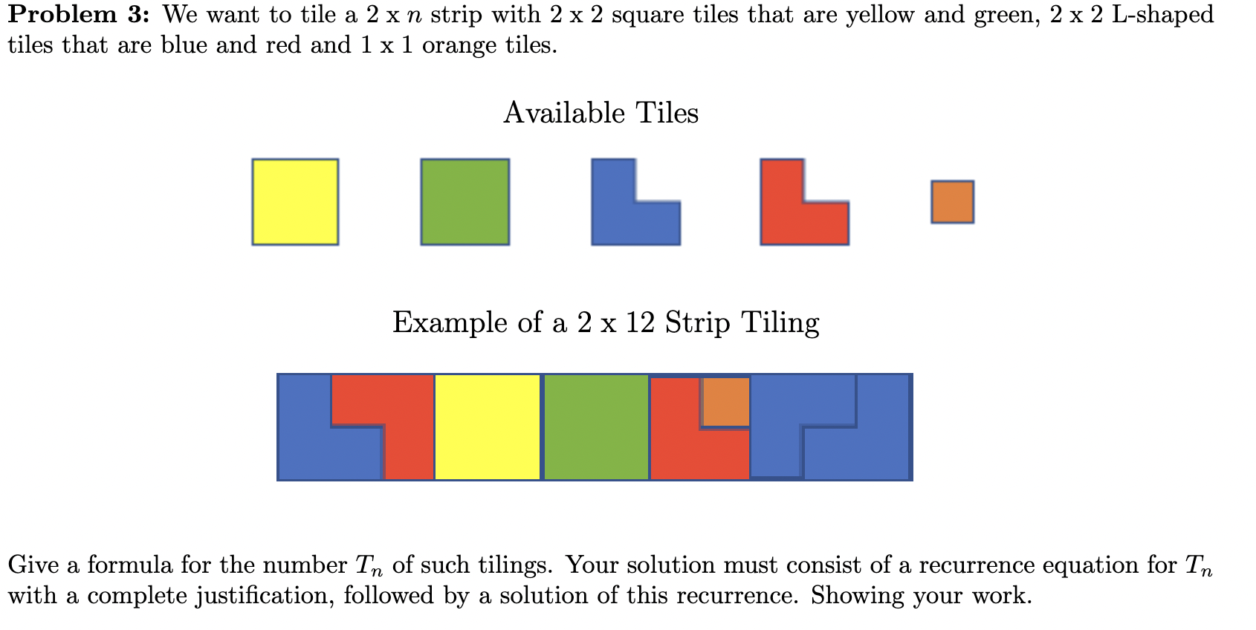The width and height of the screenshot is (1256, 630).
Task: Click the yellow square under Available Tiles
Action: pos(295,201)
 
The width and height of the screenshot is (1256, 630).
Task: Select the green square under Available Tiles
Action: pos(465,201)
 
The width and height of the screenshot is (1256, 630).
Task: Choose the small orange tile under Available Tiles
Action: pos(952,201)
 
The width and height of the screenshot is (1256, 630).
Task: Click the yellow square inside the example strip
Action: pos(487,427)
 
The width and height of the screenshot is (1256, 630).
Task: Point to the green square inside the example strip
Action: pos(596,427)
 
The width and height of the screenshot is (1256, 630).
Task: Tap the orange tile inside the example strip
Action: pos(725,402)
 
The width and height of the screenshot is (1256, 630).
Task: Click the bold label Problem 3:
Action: pos(79,14)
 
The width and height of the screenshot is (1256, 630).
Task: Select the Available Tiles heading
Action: pos(601,113)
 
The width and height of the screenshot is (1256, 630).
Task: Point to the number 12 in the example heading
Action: pos(639,322)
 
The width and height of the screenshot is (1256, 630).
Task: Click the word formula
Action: pos(129,565)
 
